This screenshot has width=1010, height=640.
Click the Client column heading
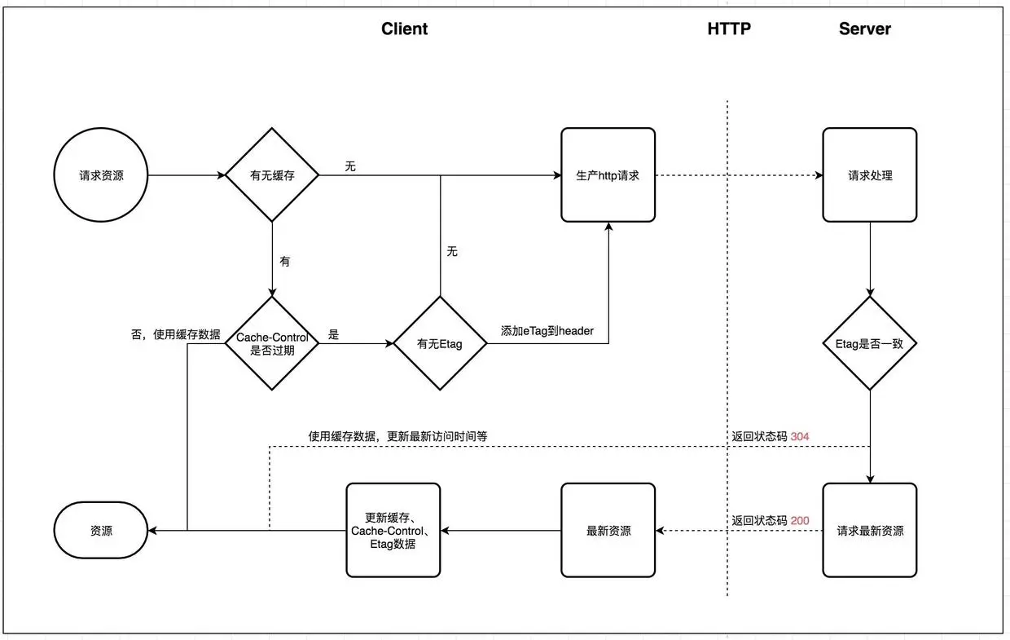[x=404, y=29]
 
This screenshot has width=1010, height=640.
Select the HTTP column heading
[x=729, y=29]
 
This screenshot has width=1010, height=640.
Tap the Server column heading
[x=864, y=29]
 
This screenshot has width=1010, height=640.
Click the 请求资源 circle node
[x=101, y=175]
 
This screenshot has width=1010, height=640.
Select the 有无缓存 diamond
[x=271, y=175]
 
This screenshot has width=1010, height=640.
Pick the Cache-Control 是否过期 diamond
[x=271, y=343]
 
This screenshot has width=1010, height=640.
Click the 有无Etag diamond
[x=440, y=343]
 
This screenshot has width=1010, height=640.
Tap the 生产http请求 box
[x=608, y=174]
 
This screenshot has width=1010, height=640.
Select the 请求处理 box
[x=869, y=174]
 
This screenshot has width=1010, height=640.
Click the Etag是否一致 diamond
[x=869, y=343]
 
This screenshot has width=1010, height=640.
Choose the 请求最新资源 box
[x=869, y=530]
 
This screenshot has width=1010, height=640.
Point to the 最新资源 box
[x=608, y=530]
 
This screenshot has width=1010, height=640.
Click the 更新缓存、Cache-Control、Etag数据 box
[x=393, y=530]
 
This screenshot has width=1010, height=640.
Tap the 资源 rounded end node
[x=101, y=530]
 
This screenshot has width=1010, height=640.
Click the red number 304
[x=800, y=437]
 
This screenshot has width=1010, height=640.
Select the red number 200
[x=800, y=520]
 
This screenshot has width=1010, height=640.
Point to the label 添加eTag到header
[x=547, y=331]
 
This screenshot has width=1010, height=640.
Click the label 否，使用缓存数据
[x=175, y=334]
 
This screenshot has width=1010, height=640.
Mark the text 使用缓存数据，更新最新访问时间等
[x=397, y=436]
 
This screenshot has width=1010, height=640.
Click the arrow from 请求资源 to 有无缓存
[x=187, y=175]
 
